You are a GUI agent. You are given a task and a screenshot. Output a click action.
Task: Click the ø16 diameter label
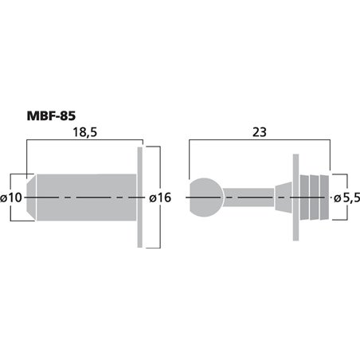pos(160,198)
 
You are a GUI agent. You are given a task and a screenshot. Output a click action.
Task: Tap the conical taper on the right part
pos(283,197)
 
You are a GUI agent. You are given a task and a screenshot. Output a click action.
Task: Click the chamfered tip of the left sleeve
pos(33,197)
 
